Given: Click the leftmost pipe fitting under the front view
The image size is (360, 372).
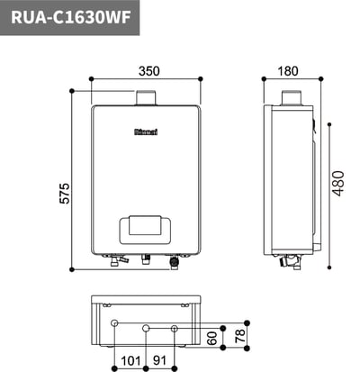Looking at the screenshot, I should point(113,261).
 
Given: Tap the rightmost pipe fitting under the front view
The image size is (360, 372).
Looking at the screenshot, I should point(174,263).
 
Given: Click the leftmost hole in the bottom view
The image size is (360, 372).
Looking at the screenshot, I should point(114,323).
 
